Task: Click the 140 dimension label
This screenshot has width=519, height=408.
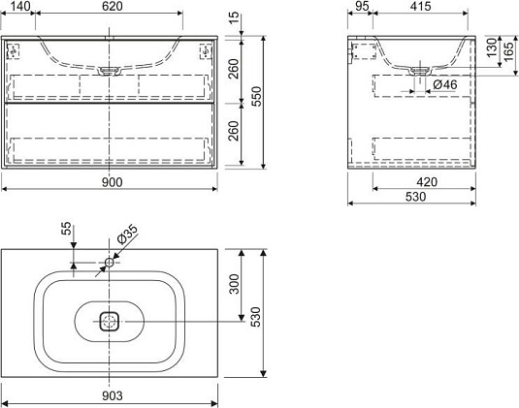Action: point(20,6)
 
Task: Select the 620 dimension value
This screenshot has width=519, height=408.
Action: point(112,6)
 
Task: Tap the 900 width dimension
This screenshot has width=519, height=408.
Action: point(112,182)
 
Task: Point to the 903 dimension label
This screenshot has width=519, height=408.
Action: point(112,395)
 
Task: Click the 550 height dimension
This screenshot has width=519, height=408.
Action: point(256,96)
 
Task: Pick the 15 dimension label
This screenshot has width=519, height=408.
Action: point(234,17)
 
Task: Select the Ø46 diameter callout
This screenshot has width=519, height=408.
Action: point(445,84)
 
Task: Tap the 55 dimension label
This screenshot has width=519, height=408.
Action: point(67,228)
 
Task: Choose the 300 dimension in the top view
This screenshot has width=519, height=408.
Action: point(234,284)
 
